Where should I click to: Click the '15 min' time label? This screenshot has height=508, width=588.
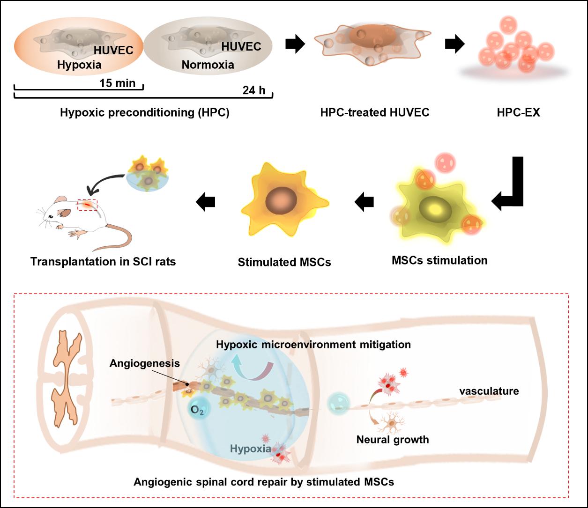point(117,83)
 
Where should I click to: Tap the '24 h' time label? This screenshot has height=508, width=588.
point(254,90)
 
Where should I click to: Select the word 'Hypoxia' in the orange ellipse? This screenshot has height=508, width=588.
point(79,65)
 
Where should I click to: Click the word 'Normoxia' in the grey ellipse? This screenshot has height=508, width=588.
point(208,65)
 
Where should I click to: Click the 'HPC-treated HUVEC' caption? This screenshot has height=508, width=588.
point(375,113)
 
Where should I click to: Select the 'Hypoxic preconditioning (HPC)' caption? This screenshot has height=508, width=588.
point(144,113)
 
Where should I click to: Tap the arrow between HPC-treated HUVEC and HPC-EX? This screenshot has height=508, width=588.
point(454,44)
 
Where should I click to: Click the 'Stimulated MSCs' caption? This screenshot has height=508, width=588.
point(284,262)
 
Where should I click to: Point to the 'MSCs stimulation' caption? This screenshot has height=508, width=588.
point(439,260)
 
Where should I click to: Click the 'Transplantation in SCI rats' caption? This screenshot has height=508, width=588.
point(103,261)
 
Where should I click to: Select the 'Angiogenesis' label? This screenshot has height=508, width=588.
point(145,363)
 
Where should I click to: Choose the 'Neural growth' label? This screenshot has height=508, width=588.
point(393,440)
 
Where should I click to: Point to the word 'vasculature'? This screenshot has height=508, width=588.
point(489,391)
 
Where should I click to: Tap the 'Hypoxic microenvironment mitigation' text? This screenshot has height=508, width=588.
point(313,345)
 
